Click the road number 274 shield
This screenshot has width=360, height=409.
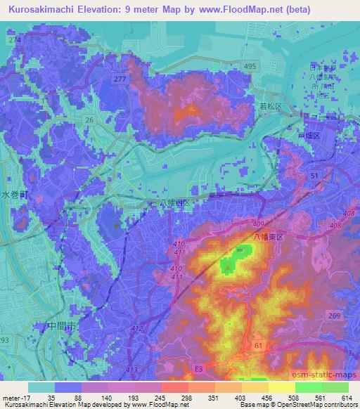[13, 41]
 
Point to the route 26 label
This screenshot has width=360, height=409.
[89, 120]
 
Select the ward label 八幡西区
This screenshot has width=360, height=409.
[173, 202]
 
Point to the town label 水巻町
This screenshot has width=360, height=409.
[12, 196]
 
